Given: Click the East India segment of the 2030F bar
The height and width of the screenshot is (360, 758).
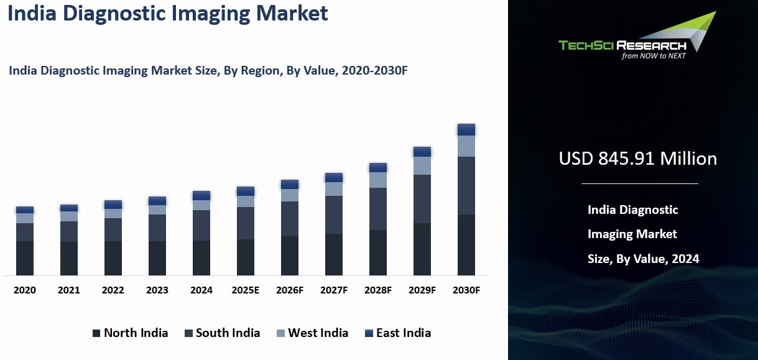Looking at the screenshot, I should [466, 129].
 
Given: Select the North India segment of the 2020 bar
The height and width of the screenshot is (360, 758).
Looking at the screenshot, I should [25, 258].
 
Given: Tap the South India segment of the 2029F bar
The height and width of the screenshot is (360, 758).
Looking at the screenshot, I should [422, 199].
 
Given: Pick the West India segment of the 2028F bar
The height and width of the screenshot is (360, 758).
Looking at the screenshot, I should [378, 180].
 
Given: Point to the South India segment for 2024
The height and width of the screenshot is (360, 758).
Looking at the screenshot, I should [201, 225].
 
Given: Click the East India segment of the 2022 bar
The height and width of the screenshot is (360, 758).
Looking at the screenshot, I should [113, 205].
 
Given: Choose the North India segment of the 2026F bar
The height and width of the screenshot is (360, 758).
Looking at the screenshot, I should [290, 256].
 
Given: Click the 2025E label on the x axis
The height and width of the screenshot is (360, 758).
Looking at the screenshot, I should [246, 290].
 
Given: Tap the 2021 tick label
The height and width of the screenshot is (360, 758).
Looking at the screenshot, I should [69, 290].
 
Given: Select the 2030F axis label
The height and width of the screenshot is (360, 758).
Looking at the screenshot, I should [466, 290].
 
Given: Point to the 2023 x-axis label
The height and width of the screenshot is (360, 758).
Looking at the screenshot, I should [157, 290].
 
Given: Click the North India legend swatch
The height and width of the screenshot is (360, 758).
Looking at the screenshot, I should [96, 333].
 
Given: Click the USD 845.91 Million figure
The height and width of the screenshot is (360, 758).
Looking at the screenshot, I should [638, 159].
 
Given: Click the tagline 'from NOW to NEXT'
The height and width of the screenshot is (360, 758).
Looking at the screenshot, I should [654, 55].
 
